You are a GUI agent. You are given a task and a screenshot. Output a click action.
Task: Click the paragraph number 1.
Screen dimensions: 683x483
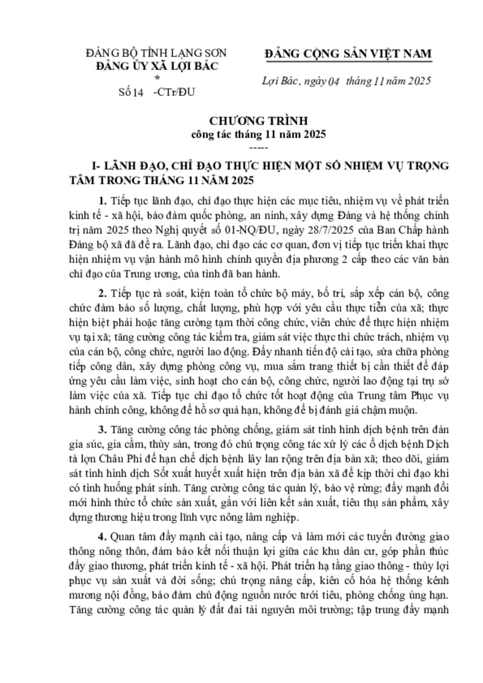(x=102, y=200)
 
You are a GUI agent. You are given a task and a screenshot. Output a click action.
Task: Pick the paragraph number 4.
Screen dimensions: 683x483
(x=102, y=537)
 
